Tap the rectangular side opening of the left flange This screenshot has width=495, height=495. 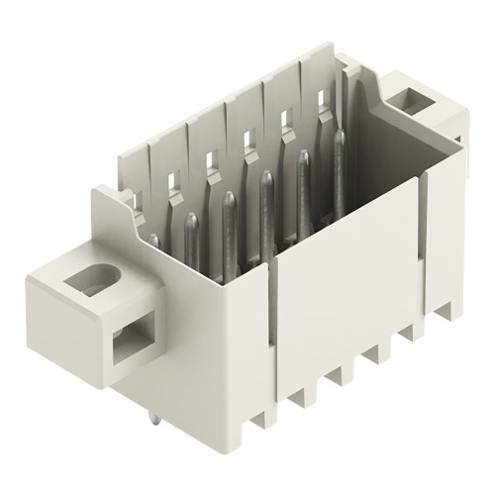tap(131, 343)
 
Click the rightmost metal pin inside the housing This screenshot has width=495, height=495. tap(339, 168)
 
